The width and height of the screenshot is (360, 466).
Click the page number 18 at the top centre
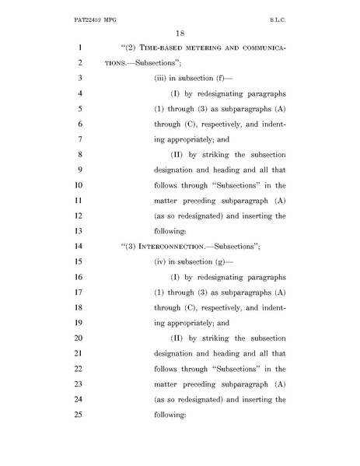[x=179, y=33]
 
